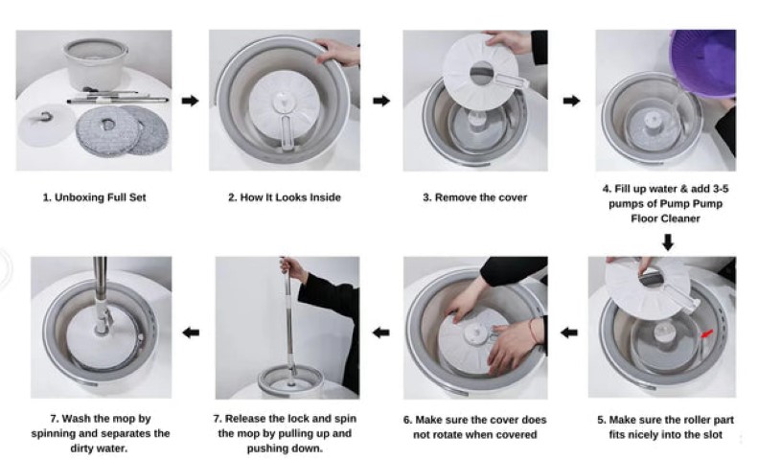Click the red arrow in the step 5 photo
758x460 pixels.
coord(707,333)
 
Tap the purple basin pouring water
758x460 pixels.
coord(703,63)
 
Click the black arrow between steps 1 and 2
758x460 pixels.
coord(190,101)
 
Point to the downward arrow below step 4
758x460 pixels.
coord(668,242)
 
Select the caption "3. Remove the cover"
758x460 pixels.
coord(474,197)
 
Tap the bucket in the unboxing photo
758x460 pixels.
coord(95,63)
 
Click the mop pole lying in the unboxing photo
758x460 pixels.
coord(118,100)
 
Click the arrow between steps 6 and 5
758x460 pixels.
coord(569,333)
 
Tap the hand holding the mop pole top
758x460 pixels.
coord(293,268)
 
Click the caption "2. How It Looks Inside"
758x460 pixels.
coord(285,197)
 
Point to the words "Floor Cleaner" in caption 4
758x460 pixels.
coord(665,218)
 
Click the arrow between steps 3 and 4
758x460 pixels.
coord(571,101)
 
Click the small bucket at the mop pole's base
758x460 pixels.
coord(290,379)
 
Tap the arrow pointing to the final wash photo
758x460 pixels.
coord(191,333)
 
